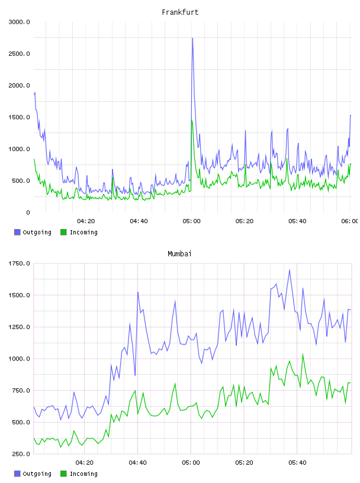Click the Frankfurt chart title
point(180,12)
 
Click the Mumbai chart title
point(179,254)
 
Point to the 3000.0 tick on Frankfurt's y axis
point(19,22)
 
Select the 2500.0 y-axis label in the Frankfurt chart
point(19,54)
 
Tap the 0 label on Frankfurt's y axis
point(28,212)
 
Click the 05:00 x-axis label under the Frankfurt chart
point(191,221)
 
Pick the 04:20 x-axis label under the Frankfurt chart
point(86,221)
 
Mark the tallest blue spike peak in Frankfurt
point(192,38)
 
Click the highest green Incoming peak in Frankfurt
point(192,120)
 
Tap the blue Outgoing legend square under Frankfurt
point(17,232)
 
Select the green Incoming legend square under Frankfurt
point(63,232)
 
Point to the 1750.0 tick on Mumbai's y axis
point(19,263)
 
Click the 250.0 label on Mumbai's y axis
point(21,454)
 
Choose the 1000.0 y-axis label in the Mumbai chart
point(19,359)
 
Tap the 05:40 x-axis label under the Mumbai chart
point(297,463)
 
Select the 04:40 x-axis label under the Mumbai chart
point(138,463)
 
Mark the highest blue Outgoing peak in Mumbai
point(290,270)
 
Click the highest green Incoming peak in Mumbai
point(303,354)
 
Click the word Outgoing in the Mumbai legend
point(37,474)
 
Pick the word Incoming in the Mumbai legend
point(83,474)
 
